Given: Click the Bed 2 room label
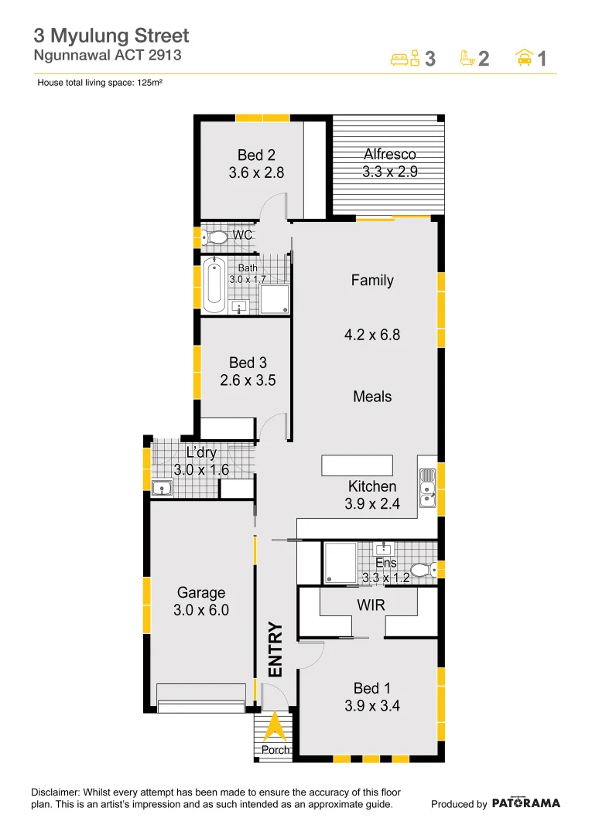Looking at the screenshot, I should pyautogui.click(x=251, y=155).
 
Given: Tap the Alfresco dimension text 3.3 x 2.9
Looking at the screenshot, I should pyautogui.click(x=390, y=172).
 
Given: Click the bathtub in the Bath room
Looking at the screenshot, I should pyautogui.click(x=214, y=283).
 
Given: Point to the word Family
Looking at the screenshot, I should pyautogui.click(x=372, y=281).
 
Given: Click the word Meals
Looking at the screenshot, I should pyautogui.click(x=372, y=397).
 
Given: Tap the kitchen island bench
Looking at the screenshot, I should pyautogui.click(x=357, y=465).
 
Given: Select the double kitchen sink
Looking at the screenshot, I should pyautogui.click(x=427, y=489).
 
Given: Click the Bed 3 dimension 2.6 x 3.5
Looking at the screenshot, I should pyautogui.click(x=248, y=380).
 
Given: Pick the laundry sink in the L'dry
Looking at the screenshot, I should pyautogui.click(x=163, y=488).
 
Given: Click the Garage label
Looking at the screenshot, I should pyautogui.click(x=201, y=593).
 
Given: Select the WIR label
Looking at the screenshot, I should pyautogui.click(x=371, y=605).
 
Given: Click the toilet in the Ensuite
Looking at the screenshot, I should pyautogui.click(x=421, y=571).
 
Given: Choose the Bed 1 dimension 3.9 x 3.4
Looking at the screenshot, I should pyautogui.click(x=371, y=705).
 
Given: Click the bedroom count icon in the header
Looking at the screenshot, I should pyautogui.click(x=405, y=58).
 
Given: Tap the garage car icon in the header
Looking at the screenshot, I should pyautogui.click(x=524, y=58).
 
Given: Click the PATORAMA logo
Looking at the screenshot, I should pyautogui.click(x=525, y=803).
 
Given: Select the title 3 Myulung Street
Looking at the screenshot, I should pyautogui.click(x=111, y=36).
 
